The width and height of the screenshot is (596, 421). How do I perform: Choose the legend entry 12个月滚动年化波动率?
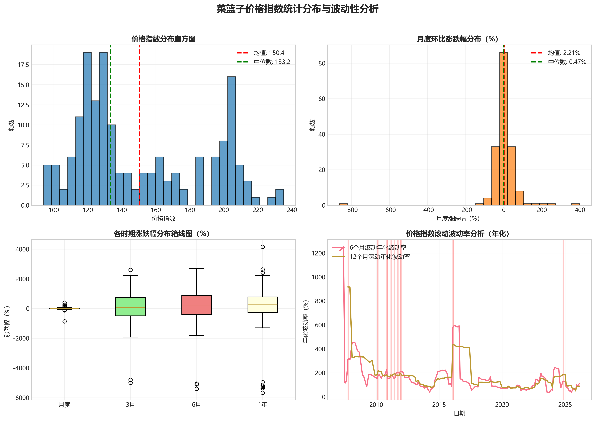pyautogui.click(x=379, y=257)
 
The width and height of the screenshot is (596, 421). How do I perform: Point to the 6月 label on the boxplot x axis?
pyautogui.click(x=196, y=405)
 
